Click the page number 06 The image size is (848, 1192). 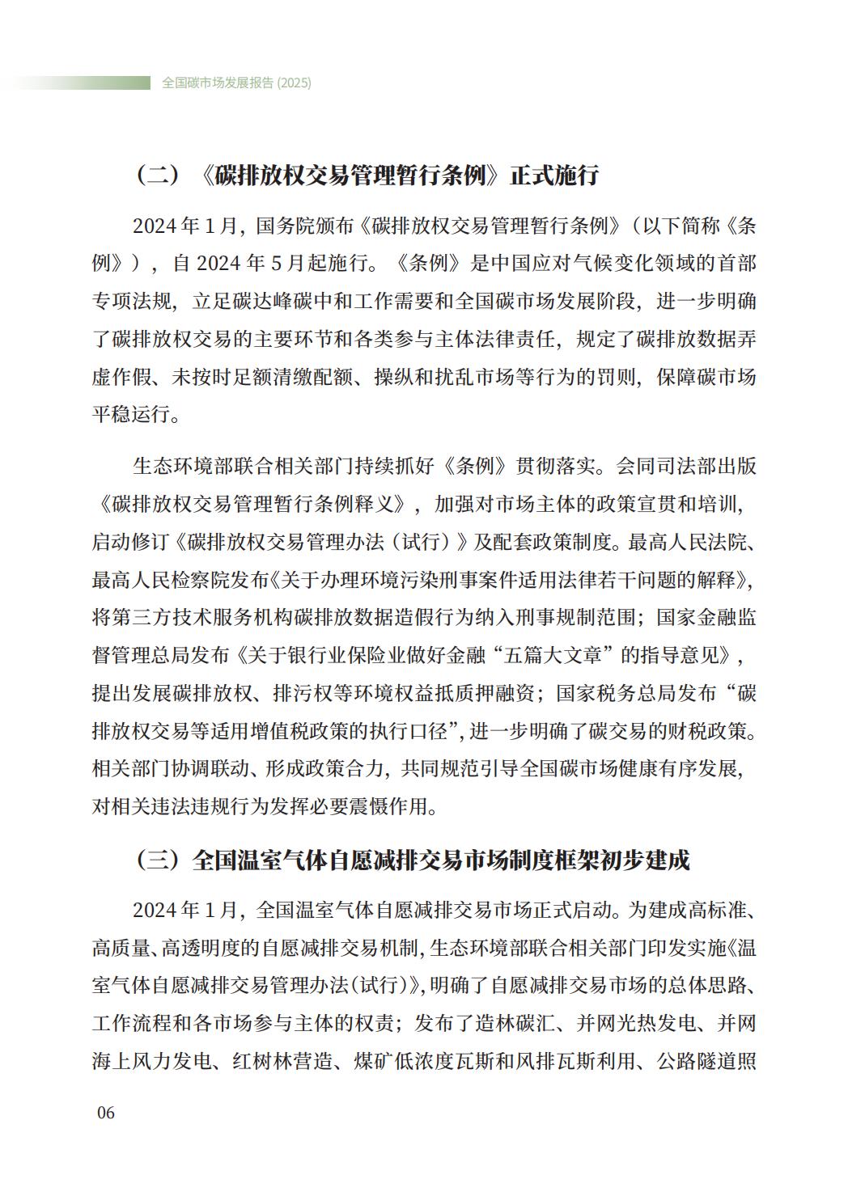[106, 1113]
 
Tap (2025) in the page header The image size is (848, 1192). [295, 82]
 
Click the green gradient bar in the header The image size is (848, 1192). [81, 82]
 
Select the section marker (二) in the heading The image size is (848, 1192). [157, 175]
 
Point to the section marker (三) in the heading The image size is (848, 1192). [157, 860]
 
